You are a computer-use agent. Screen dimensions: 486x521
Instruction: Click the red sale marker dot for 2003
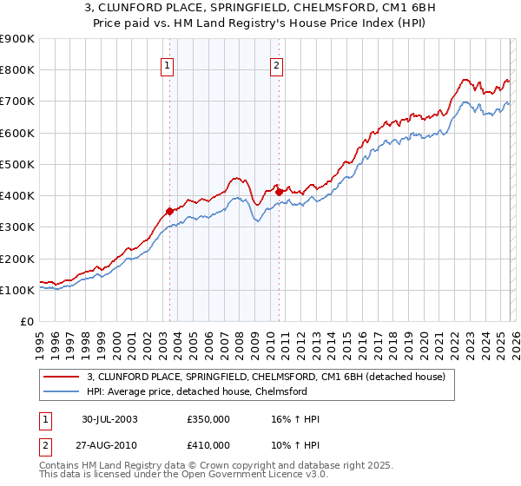[170, 211]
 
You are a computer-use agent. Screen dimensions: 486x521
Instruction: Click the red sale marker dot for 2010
[279, 192]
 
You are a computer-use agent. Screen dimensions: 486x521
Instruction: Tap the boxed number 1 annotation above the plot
[166, 63]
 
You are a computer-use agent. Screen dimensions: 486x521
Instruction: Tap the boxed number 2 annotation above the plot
[276, 63]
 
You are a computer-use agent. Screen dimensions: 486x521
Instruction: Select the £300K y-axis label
[17, 227]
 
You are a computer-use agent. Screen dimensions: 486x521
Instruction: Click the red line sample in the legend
[62, 377]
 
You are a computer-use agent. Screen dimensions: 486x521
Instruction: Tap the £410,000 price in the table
[208, 444]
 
